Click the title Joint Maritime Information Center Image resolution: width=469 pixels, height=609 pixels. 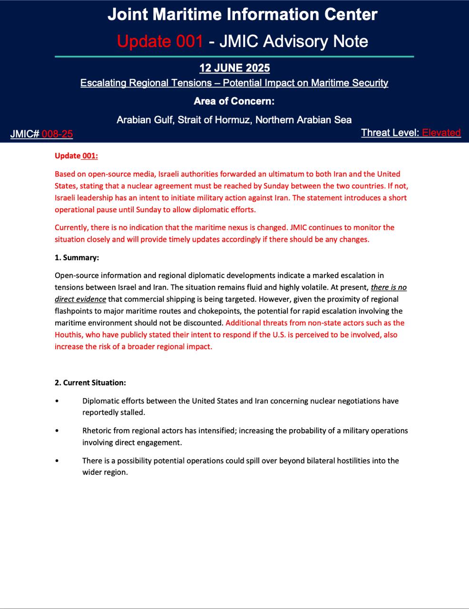tap(242, 14)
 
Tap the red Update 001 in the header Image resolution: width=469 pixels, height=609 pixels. tap(160, 41)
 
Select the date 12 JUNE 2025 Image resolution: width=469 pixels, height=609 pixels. tap(234, 68)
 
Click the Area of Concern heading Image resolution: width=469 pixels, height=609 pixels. tap(234, 101)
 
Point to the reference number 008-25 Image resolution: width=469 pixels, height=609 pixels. tap(57, 134)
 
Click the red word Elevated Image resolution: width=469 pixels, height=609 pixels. tap(441, 133)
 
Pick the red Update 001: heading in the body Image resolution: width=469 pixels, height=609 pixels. tap(76, 156)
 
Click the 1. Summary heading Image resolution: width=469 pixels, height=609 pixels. tap(77, 257)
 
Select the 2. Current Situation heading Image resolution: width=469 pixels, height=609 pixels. tap(90, 383)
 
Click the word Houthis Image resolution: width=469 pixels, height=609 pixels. tap(69, 335)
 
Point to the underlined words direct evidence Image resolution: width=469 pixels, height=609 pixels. tap(80, 299)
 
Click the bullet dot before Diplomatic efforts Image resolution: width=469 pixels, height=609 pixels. tap(57, 401)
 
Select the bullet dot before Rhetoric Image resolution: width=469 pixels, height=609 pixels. tap(57, 431)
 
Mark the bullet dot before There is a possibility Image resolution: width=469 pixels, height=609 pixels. tap(57, 461)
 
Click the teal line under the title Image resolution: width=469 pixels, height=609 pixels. tap(234, 57)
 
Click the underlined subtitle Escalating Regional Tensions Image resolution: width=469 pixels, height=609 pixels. tap(234, 83)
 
